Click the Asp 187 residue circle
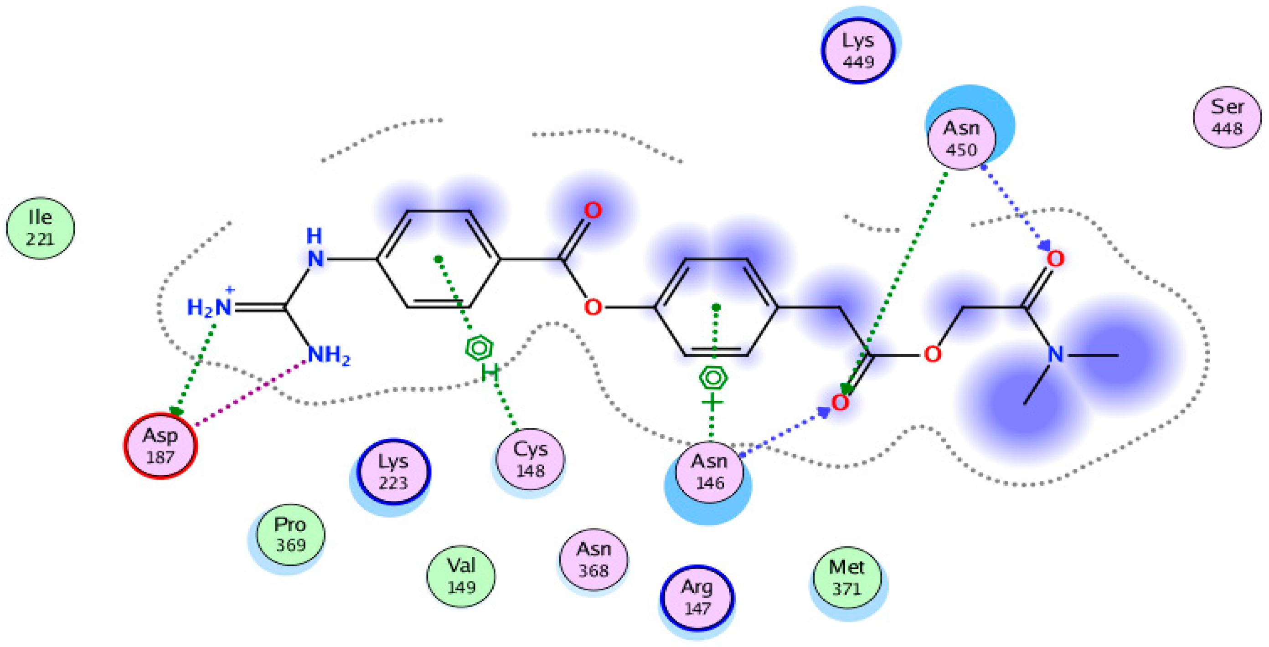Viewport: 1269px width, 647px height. (160, 446)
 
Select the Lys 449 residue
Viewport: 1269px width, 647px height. (858, 50)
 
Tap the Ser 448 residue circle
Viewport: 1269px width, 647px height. (1227, 117)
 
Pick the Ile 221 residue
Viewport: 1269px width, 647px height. (41, 228)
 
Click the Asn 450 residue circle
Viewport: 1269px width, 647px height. (961, 139)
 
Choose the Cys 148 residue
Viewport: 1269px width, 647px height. (530, 459)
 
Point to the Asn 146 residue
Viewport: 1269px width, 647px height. (709, 472)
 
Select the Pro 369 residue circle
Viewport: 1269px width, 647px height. (290, 534)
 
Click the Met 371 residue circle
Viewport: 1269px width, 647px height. (846, 578)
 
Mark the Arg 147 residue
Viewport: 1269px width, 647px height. (696, 597)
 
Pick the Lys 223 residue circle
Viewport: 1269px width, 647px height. (393, 471)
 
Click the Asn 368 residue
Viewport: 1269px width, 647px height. (593, 560)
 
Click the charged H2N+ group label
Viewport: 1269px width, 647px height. (210, 306)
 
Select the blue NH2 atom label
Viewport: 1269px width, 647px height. (329, 355)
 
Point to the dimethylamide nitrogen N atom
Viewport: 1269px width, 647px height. (1055, 354)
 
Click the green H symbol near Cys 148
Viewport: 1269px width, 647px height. (490, 373)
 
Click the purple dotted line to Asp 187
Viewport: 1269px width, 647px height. (251, 392)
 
